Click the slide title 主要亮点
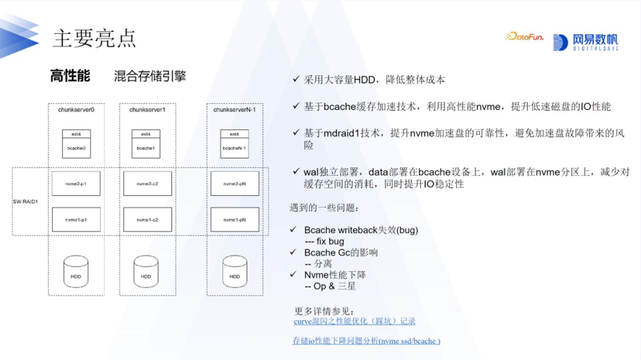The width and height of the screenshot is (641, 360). tap(95, 38)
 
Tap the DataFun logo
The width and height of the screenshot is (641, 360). tap(525, 37)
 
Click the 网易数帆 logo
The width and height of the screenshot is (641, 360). tap(586, 42)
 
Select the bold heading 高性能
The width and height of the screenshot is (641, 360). tap(70, 76)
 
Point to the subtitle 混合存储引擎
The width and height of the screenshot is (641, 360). tap(150, 76)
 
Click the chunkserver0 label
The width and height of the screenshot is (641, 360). tap(76, 110)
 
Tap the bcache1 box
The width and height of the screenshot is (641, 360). tap(146, 148)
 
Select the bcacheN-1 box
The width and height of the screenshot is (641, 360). tap(234, 148)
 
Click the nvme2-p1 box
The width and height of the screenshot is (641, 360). tap(76, 184)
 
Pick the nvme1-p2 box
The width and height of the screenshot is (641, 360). tap(147, 220)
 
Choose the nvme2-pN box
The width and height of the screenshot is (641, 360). tap(235, 184)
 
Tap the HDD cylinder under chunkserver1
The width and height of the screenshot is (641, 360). tap(146, 272)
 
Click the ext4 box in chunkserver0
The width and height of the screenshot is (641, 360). tap(76, 134)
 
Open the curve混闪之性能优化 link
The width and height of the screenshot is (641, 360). tap(355, 322)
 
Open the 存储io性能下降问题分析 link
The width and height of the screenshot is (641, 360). tap(366, 341)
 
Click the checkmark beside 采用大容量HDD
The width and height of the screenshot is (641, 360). tap(296, 79)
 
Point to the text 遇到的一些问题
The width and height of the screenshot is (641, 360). tap(324, 208)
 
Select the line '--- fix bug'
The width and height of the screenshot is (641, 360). tap(324, 241)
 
